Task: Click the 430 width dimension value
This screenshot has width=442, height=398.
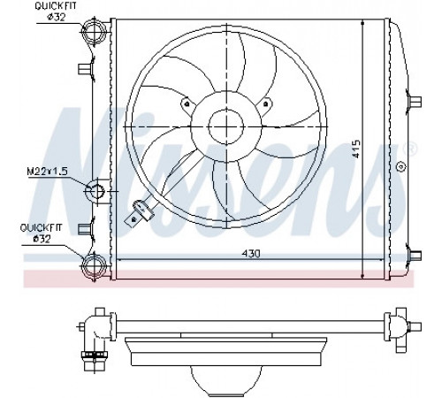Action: click(x=251, y=253)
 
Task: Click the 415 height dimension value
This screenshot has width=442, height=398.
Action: click(x=355, y=149)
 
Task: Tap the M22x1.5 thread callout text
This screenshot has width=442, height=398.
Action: click(x=48, y=172)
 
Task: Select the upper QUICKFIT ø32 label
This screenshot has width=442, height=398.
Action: click(x=56, y=11)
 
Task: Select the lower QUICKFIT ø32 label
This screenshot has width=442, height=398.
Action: click(x=42, y=233)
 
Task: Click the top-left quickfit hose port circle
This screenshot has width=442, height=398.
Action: click(x=94, y=31)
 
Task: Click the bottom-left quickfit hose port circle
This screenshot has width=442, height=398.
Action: click(x=94, y=265)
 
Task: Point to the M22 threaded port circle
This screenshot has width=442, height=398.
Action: click(x=95, y=191)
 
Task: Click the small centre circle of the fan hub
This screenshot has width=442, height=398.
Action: click(x=226, y=126)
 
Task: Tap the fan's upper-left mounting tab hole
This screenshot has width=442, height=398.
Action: click(x=187, y=103)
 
